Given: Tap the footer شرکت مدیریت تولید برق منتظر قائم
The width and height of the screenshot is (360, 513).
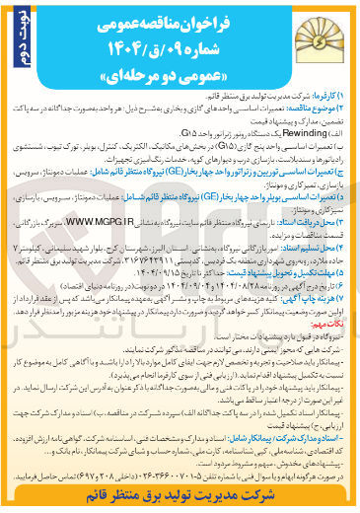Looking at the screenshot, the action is pos(180,500).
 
